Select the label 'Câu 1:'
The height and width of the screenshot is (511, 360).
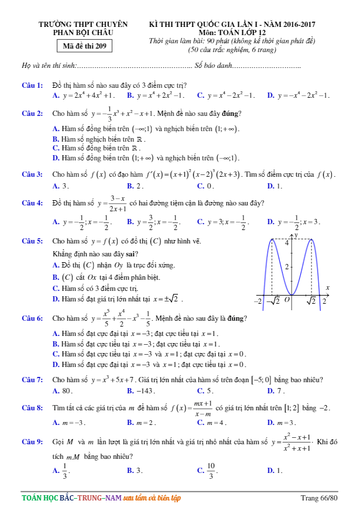coord(32,85)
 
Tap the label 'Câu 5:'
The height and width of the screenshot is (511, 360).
coord(32,241)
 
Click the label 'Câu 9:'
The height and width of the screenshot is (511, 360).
coord(32,443)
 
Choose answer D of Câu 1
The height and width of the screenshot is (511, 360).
coord(299,95)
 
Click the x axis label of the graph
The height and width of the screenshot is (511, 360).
coord(327,288)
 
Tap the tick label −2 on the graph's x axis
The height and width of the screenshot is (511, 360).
coord(256,301)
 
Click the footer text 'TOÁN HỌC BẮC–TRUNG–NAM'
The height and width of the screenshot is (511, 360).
coord(71,498)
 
